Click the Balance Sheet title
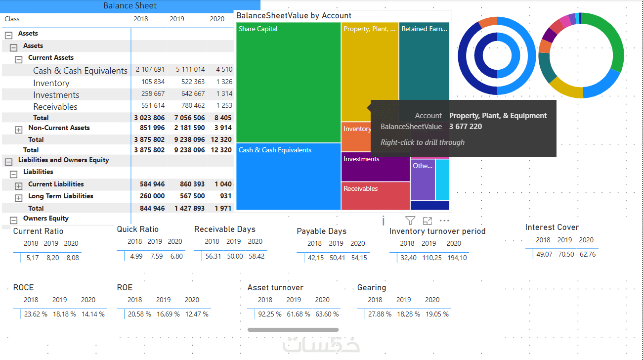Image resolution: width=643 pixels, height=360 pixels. coord(130,6)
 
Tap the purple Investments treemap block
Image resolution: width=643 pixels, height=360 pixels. coord(375,167)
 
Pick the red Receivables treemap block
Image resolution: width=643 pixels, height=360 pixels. coord(375,196)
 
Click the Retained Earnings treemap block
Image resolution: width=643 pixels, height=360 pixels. coord(424,59)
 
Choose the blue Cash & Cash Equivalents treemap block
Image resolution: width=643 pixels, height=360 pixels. coord(289,177)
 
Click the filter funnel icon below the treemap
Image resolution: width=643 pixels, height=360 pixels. coord(410,221)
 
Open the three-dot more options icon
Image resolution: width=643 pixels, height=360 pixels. coord(444,221)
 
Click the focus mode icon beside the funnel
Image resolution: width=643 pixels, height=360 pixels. coord(427,221)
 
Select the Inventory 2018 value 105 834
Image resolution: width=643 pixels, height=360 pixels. coord(153,82)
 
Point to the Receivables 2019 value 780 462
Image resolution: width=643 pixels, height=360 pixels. coord(193,105)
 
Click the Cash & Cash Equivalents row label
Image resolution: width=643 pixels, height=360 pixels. coord(80,71)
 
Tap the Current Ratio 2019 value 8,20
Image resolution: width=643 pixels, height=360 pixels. coord(53,258)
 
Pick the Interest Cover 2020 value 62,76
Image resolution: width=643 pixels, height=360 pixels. coord(586,254)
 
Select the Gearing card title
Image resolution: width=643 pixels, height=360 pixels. coord(372,287)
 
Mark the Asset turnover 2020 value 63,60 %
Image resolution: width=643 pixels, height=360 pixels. coord(326,314)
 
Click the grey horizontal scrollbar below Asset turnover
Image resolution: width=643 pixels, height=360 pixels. coord(293,329)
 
